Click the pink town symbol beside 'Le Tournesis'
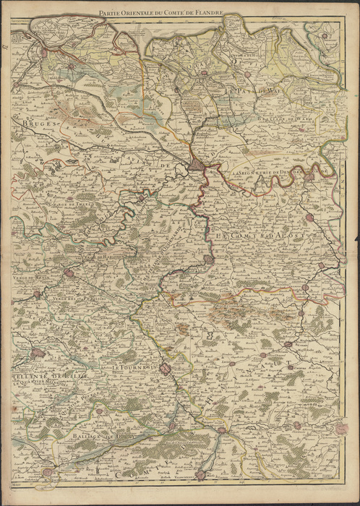click(x=166, y=369)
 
